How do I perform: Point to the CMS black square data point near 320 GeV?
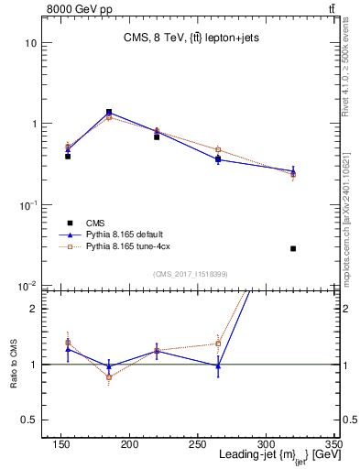click(293, 248)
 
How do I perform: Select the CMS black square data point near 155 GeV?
click(68, 157)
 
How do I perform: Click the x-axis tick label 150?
click(60, 445)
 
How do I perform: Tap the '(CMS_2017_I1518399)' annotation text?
click(191, 274)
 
